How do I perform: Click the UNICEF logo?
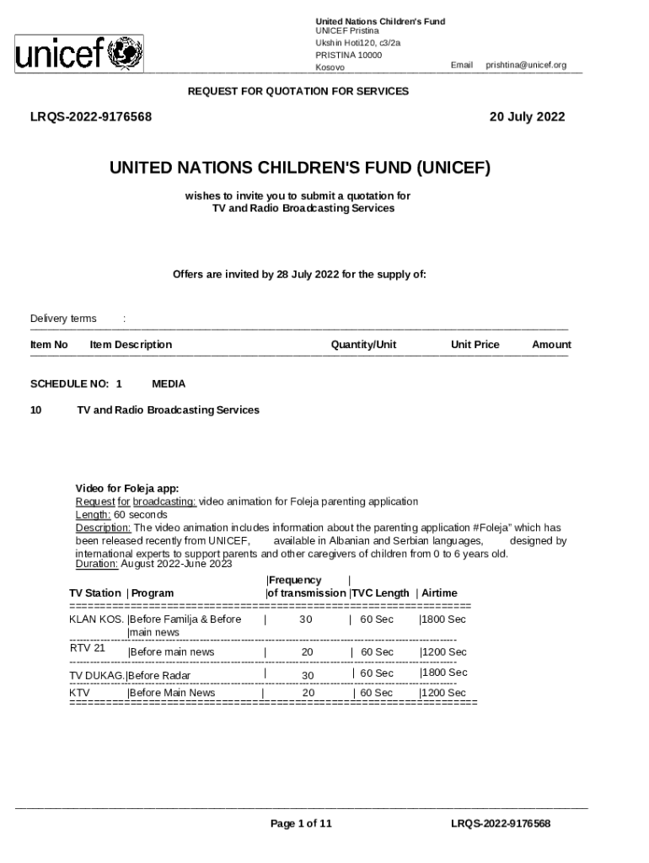pyautogui.click(x=78, y=55)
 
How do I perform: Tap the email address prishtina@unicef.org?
pyautogui.click(x=525, y=65)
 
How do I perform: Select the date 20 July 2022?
pyautogui.click(x=527, y=117)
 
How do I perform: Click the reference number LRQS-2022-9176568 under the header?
pyautogui.click(x=91, y=117)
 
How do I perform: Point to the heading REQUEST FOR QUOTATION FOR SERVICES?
pyautogui.click(x=298, y=91)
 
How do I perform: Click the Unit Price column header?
pyautogui.click(x=475, y=345)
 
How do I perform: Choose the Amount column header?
pyautogui.click(x=551, y=345)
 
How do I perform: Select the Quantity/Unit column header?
pyautogui.click(x=363, y=345)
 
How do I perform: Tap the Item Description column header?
pyautogui.click(x=131, y=345)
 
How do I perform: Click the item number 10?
pyautogui.click(x=36, y=410)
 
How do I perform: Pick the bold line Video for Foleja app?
pyautogui.click(x=127, y=489)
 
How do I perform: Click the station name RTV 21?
pyautogui.click(x=87, y=648)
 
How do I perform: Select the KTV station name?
pyautogui.click(x=80, y=693)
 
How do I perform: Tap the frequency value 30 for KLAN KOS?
pyautogui.click(x=306, y=619)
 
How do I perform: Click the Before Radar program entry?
pyautogui.click(x=159, y=675)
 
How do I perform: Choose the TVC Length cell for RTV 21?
pyautogui.click(x=377, y=652)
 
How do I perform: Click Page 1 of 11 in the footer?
pyautogui.click(x=301, y=823)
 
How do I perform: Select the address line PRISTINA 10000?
pyautogui.click(x=348, y=55)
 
